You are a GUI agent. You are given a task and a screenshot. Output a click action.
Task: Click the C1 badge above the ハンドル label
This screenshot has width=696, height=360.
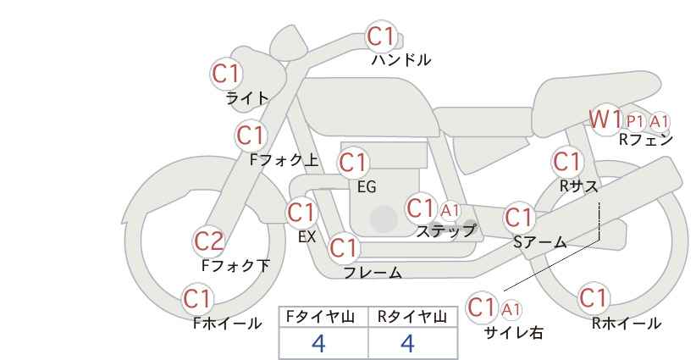[381, 36]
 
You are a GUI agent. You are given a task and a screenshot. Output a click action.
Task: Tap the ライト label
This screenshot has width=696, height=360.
[246, 98]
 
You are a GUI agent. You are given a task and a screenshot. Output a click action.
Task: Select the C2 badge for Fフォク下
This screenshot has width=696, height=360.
[209, 241]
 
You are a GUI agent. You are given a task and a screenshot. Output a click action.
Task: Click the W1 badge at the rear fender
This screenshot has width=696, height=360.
[605, 119]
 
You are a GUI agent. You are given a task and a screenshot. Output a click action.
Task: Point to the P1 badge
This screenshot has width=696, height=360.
[635, 121]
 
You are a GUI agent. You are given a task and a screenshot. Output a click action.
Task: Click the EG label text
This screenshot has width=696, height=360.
[367, 187]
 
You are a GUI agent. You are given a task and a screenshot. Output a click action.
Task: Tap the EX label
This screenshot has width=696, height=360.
[307, 237]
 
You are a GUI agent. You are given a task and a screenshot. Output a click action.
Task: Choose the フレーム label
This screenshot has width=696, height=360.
[373, 272]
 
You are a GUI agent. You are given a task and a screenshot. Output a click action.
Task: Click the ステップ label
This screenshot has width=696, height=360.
[445, 231]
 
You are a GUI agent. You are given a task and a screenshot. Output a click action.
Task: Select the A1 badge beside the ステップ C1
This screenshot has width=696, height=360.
[450, 210]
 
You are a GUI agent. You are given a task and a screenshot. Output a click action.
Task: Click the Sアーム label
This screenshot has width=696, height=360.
[539, 242]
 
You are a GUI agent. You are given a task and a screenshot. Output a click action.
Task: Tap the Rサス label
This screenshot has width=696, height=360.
[578, 186]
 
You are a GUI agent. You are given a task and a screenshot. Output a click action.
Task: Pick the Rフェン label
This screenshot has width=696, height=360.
[646, 140]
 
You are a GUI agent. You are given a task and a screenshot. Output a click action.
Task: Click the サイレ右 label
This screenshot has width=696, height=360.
[514, 333]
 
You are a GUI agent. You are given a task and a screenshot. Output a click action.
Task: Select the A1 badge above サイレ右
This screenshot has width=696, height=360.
[511, 309]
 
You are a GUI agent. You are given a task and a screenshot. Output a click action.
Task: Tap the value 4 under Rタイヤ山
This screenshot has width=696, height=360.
[407, 343]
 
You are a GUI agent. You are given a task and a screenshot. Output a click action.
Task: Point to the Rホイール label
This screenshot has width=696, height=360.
[627, 324]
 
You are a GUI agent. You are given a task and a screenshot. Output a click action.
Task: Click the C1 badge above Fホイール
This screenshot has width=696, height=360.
[197, 299]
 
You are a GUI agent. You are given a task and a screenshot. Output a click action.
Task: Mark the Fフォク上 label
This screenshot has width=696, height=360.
[284, 160]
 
